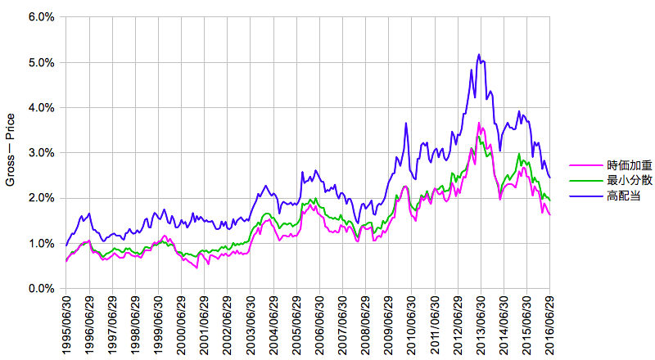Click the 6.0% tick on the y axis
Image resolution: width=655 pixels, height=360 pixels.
pos(43,17)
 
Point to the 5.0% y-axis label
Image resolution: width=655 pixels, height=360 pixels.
pos(43,62)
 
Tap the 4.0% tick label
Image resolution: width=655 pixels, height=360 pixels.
pos(43,107)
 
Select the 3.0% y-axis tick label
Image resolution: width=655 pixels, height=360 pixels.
pos(43,153)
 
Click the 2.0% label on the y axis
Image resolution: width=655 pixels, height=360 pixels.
pos(43,198)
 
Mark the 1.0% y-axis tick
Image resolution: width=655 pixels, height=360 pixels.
pos(43,243)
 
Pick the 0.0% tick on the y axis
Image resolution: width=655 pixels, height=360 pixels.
pos(43,289)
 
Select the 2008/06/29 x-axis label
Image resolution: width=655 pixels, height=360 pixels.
pos(366,326)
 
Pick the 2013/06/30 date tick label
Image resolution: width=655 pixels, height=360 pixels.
pos(481,326)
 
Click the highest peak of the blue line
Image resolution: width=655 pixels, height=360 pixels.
pos(479,55)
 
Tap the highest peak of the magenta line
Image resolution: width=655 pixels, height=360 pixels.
pos(479,123)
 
